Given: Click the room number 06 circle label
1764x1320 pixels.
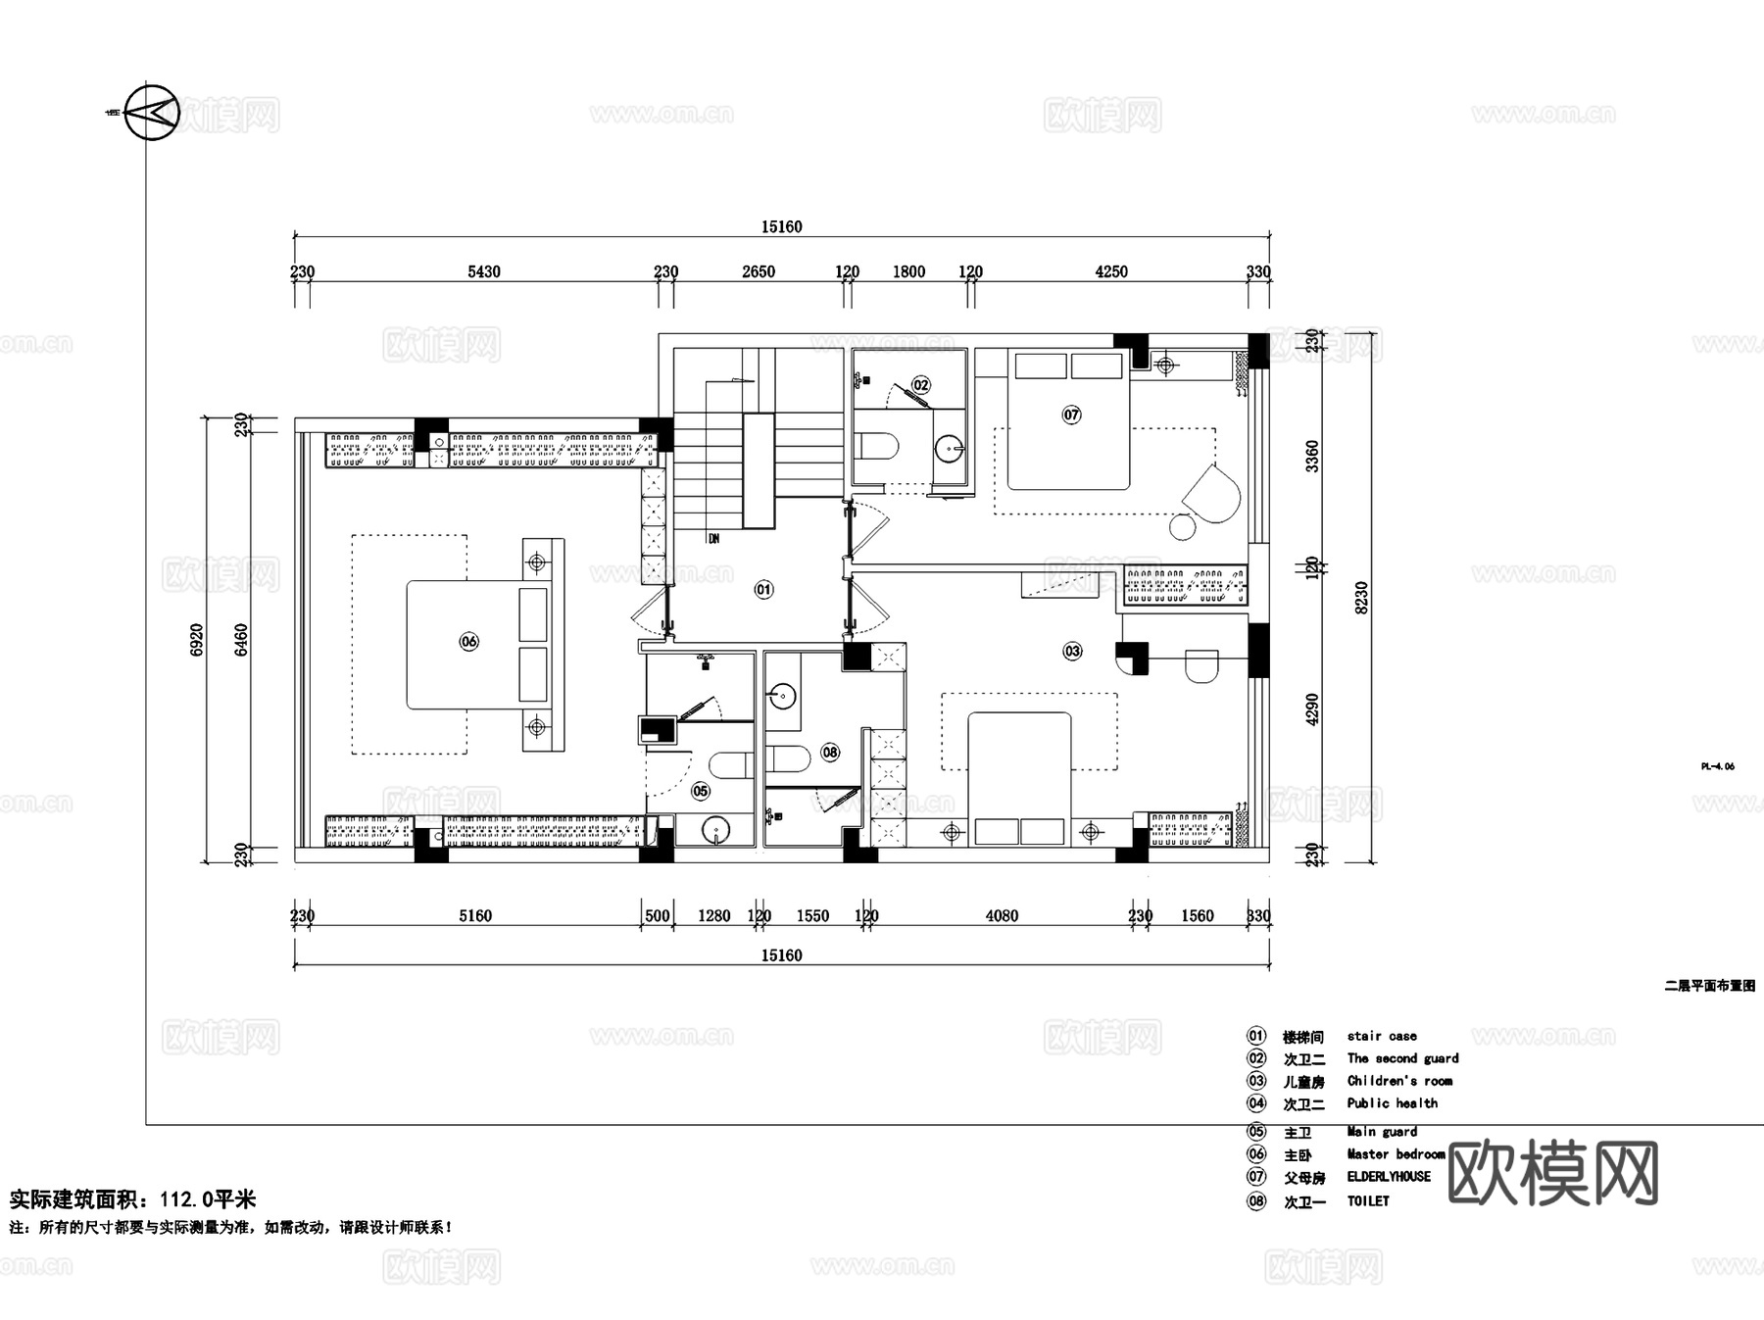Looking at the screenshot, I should pyautogui.click(x=468, y=642).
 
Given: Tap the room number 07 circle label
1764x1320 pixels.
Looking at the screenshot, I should pyautogui.click(x=1071, y=415).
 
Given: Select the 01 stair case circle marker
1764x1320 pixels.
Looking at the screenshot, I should pyautogui.click(x=763, y=589).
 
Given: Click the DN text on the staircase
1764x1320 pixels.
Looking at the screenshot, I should pyautogui.click(x=713, y=539).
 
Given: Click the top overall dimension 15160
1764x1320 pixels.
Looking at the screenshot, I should pyautogui.click(x=781, y=227).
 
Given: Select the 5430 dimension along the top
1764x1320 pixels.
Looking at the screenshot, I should pyautogui.click(x=483, y=272).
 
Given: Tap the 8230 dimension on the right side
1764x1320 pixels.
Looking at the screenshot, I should pyautogui.click(x=1361, y=598).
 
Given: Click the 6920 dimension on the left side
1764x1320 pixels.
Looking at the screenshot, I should pyautogui.click(x=197, y=639).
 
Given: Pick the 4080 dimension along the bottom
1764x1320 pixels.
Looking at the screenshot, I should pyautogui.click(x=1002, y=916).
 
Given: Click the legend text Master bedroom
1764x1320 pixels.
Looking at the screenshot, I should pyautogui.click(x=1396, y=1154).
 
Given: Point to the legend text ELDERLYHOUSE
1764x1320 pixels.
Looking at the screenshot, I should pyautogui.click(x=1389, y=1177).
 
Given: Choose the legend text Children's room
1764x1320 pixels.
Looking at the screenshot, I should pyautogui.click(x=1399, y=1081).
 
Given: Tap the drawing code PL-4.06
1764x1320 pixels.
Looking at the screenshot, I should pyautogui.click(x=1717, y=766).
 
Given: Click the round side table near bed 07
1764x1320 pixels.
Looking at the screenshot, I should pyautogui.click(x=1183, y=526).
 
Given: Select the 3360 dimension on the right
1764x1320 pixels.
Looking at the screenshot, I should pyautogui.click(x=1312, y=456).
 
